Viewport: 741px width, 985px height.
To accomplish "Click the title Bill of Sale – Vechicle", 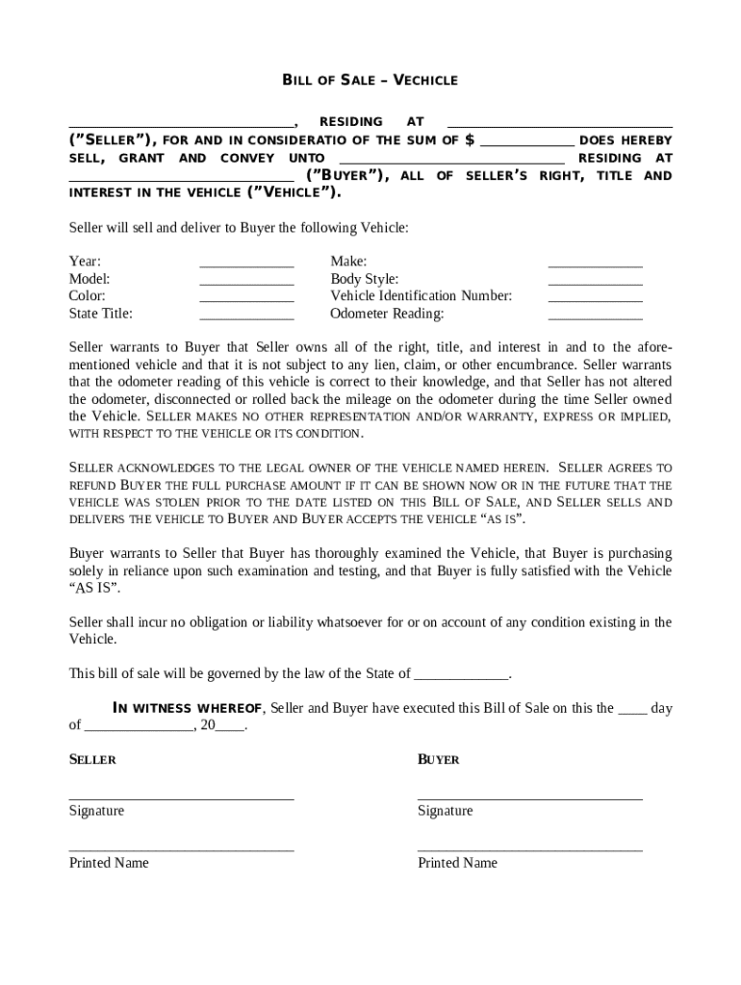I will point(370,80).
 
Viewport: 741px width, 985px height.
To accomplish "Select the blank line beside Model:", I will point(246,281).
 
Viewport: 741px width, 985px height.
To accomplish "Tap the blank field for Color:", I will point(246,298).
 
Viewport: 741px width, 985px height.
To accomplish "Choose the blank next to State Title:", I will point(246,316).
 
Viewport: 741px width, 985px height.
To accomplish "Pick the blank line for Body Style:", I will point(595,281).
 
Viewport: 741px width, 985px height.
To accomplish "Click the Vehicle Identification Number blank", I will point(595,298).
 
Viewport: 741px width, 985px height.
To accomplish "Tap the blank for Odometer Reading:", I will point(595,316).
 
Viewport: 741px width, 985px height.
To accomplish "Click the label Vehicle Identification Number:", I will point(421,296).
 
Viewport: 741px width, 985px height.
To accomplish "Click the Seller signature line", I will point(181,797).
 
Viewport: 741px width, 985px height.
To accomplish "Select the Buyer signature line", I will point(529,797).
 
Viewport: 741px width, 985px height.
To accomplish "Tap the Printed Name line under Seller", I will point(181,849).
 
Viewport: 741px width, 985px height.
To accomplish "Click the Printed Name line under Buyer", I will point(529,849).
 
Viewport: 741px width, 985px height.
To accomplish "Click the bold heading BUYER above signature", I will point(438,760).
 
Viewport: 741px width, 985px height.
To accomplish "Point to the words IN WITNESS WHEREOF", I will point(188,709).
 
